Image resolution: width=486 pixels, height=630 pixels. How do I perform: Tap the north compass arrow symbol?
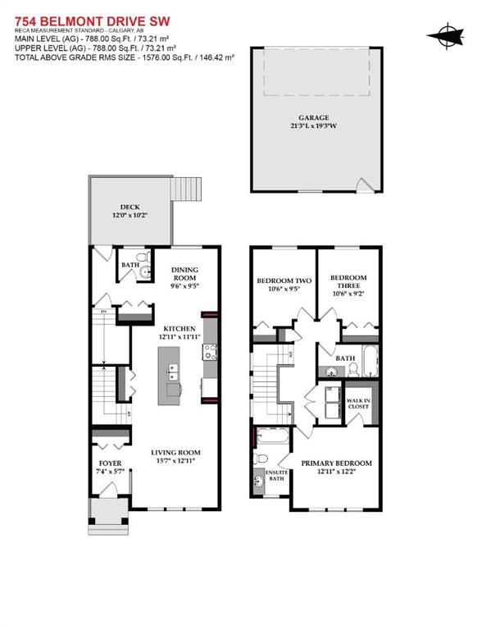point(446,34)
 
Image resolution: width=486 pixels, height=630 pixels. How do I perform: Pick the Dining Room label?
point(185,273)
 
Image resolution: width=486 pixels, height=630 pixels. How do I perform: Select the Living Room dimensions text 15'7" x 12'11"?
point(174,462)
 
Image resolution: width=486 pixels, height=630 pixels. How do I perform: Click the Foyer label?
point(109,463)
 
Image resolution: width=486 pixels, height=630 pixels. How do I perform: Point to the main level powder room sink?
point(143,272)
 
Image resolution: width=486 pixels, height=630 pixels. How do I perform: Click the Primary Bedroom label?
point(336,463)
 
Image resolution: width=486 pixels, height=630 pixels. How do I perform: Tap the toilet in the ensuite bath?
point(261,458)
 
